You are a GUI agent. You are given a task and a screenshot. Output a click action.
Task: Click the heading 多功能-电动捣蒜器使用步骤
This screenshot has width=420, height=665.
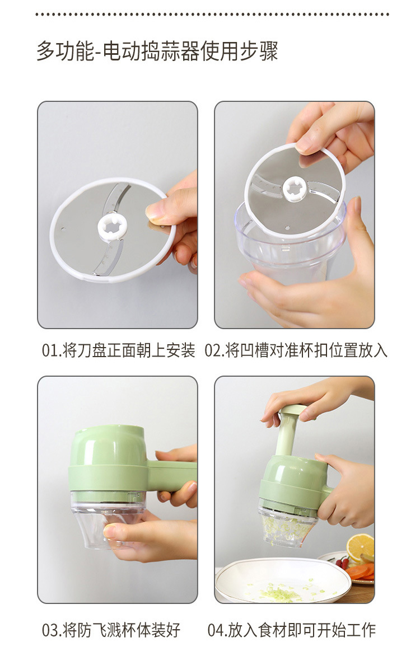click(157, 51)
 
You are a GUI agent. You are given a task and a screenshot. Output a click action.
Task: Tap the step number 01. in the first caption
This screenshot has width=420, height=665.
click(52, 351)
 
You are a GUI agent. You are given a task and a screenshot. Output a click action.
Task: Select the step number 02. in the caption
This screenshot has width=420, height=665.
click(214, 351)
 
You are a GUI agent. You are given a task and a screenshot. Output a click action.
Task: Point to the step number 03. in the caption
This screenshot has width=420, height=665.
click(52, 630)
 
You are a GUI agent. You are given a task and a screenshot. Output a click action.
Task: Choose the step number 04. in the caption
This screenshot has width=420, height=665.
click(217, 630)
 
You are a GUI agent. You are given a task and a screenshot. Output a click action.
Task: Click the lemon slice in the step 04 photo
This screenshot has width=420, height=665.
click(360, 546)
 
